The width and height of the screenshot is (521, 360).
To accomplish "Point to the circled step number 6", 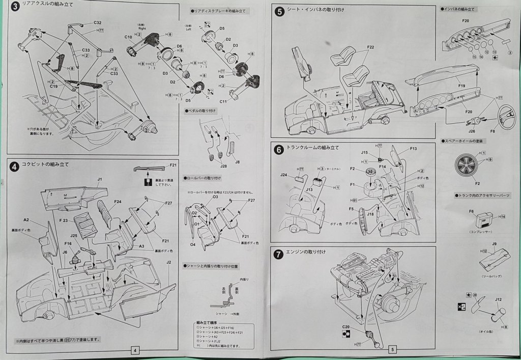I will [278, 150].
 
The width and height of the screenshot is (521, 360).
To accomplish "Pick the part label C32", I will [98, 23].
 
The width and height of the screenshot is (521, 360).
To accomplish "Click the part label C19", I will [53, 87].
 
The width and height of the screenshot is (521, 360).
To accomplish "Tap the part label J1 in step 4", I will [100, 179].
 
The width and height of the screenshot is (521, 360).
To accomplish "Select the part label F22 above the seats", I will [370, 47].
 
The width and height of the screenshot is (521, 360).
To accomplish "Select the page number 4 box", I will [134, 350].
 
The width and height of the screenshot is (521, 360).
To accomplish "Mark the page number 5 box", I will [392, 350].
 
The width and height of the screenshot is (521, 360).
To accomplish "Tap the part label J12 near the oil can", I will [499, 300].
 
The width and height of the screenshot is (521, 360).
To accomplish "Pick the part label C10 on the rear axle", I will [128, 37].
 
